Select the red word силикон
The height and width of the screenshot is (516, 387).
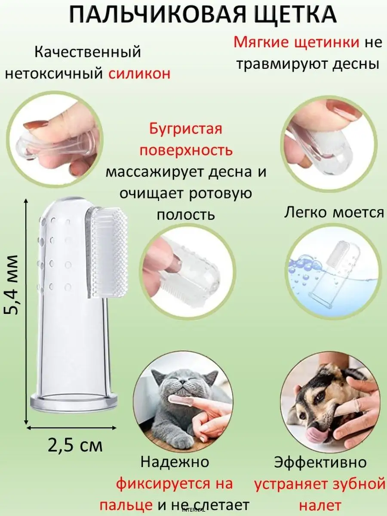click(139, 74)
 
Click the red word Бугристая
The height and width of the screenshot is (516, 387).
click(185, 129)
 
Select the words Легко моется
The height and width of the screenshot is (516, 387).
click(334, 213)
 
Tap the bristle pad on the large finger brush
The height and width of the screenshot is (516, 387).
click(108, 253)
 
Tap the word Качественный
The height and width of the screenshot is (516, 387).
click(88, 52)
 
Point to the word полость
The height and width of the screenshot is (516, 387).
click(186, 215)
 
